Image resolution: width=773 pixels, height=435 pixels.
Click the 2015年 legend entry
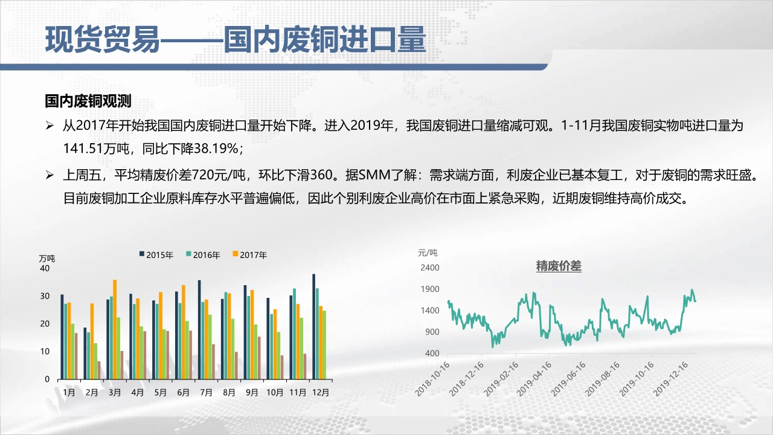(156, 255)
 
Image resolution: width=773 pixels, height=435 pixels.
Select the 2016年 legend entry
(203, 255)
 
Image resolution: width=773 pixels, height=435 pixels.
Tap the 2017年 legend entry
(250, 255)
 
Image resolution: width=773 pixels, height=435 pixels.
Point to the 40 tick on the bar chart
(45, 268)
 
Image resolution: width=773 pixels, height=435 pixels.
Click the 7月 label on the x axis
(206, 392)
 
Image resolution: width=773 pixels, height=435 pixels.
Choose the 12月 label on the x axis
(321, 392)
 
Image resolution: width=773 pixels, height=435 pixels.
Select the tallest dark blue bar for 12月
(313, 327)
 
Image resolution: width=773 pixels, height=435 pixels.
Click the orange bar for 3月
(115, 329)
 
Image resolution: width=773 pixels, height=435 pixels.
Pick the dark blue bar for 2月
(85, 353)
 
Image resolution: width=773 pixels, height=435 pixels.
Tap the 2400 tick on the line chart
(429, 268)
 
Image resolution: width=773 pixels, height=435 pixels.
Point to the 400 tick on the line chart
(432, 353)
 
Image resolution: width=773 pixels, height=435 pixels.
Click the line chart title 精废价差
(559, 266)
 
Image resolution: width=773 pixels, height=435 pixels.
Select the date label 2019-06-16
(568, 379)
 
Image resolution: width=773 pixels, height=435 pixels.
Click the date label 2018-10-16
(432, 379)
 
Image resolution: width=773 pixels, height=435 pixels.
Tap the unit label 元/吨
(428, 253)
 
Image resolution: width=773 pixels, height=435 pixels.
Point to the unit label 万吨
(47, 259)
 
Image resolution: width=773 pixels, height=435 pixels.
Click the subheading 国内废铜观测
(88, 101)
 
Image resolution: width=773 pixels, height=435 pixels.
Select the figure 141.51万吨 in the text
(96, 149)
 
